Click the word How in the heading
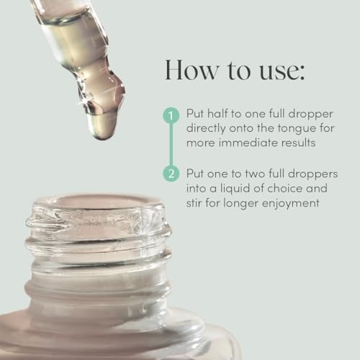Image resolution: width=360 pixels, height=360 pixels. (x=192, y=70)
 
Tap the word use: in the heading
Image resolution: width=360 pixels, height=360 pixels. (x=282, y=71)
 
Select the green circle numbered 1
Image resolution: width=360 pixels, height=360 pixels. (x=171, y=115)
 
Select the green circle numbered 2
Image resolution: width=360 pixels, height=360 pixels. (x=171, y=173)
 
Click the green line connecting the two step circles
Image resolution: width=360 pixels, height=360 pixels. (x=171, y=144)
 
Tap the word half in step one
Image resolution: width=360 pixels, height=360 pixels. (x=217, y=113)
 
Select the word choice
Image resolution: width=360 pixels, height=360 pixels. (x=285, y=188)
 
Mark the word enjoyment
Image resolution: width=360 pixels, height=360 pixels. (x=290, y=204)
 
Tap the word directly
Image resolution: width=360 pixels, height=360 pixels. (x=206, y=129)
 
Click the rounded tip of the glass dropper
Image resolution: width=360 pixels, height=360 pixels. (x=103, y=135)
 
